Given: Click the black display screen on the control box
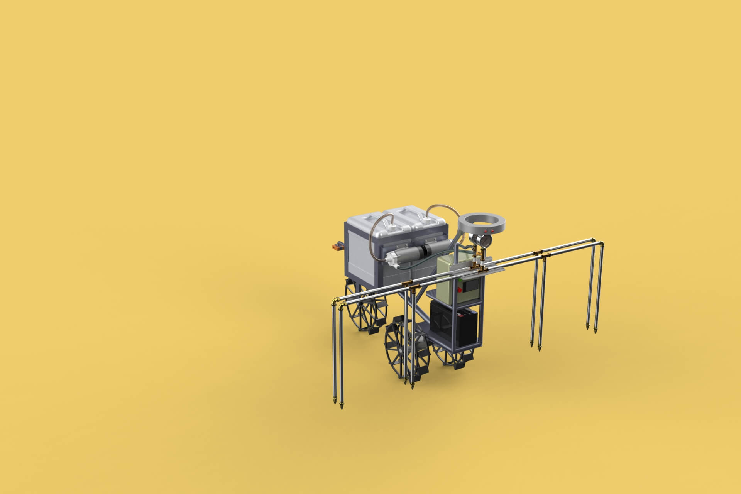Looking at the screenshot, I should click(471, 286).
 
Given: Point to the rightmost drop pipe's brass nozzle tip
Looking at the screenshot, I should click(595, 331).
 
